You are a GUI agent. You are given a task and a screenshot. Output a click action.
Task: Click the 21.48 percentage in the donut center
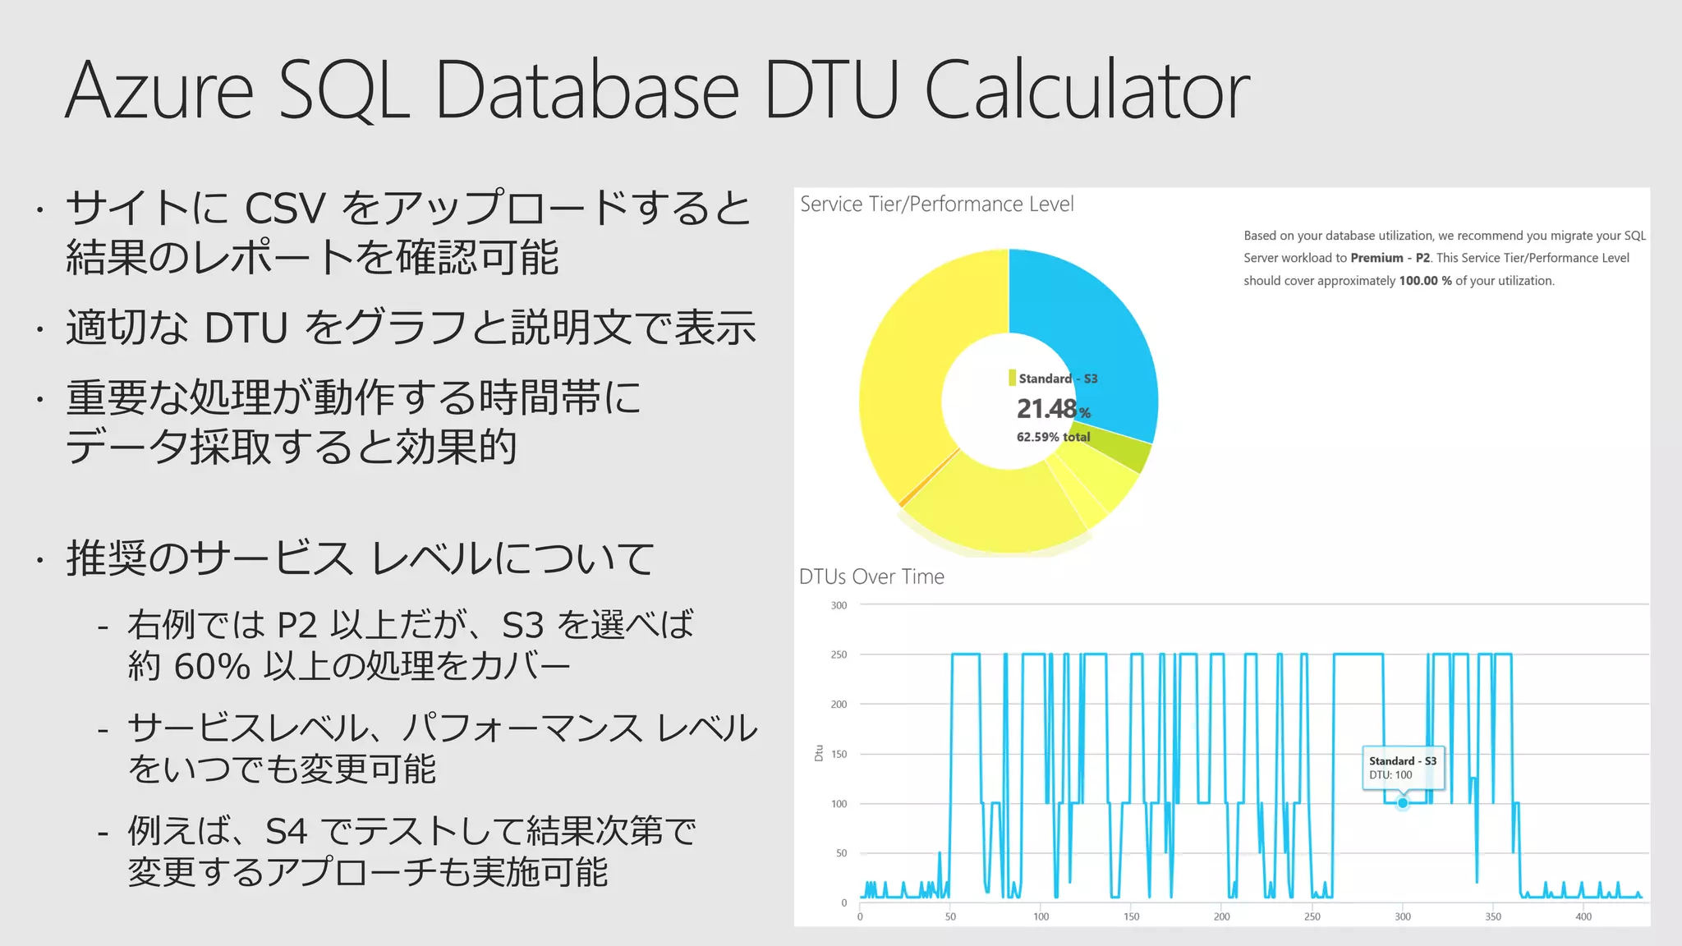click(x=1046, y=408)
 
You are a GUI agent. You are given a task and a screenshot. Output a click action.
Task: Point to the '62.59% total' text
click(x=1053, y=437)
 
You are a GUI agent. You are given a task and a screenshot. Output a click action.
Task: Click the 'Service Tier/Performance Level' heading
click(x=936, y=204)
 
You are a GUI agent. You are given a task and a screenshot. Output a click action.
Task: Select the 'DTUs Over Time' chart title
click(x=871, y=576)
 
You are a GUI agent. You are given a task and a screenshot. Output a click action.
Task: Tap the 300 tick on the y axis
click(x=839, y=605)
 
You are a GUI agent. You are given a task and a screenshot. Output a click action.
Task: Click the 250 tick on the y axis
click(x=839, y=654)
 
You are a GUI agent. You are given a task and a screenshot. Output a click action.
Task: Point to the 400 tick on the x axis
click(x=1583, y=916)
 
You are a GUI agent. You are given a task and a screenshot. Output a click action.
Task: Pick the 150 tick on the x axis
click(x=1131, y=916)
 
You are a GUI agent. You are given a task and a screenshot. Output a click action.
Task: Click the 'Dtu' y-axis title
click(x=819, y=753)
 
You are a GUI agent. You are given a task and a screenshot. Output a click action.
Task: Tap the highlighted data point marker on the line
click(x=1403, y=803)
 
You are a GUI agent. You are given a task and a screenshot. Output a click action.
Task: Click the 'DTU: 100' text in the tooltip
click(x=1390, y=775)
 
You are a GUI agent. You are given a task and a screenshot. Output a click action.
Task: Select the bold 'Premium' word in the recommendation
click(x=1376, y=258)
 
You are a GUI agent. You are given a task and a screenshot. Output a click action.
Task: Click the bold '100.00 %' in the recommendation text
click(x=1425, y=281)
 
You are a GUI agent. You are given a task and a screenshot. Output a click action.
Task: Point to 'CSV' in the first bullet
click(x=285, y=208)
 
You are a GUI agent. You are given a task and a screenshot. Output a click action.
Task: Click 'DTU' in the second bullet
click(x=246, y=328)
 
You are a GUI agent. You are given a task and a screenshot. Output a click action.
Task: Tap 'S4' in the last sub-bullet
click(x=286, y=832)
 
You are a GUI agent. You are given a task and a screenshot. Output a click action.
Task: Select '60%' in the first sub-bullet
click(x=212, y=666)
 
